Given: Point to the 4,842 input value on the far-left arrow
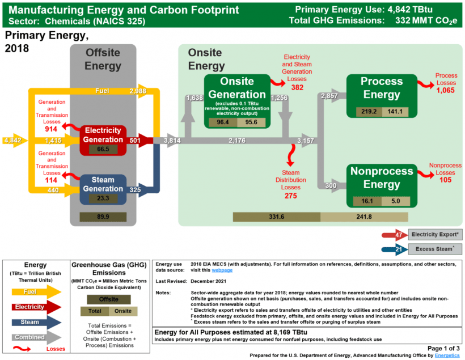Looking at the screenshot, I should point(12,140).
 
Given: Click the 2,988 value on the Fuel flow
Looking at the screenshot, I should point(138,91).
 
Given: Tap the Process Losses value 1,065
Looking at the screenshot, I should point(446,90).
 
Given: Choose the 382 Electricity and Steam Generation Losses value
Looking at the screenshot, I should point(297,88).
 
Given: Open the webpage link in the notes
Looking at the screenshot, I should point(222,270).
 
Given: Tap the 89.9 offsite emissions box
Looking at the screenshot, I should point(103,217).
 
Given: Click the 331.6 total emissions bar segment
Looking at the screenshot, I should point(277,217).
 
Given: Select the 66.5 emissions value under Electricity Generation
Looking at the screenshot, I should point(103,149).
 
